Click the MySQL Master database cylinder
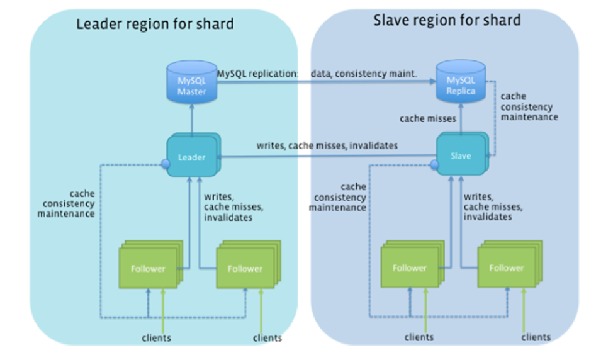point(191,82)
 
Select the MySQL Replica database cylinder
point(461,81)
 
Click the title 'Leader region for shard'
point(155,25)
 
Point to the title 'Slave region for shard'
point(447,20)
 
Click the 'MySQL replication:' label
point(257,74)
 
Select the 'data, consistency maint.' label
point(364,74)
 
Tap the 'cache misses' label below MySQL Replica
point(428,118)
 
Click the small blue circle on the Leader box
point(166,164)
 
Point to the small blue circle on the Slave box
point(434,165)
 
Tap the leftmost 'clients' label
point(156,338)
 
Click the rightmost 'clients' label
point(536,337)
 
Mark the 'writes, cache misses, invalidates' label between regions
point(327,145)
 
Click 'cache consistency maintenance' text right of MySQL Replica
point(529,106)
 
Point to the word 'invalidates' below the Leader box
point(228,217)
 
